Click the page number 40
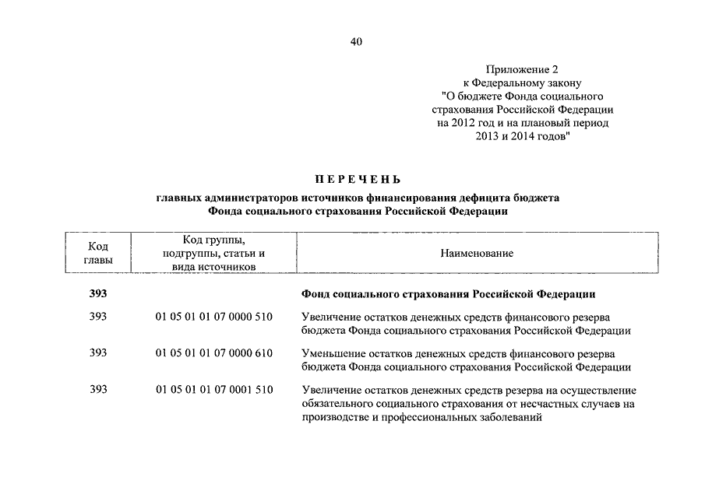click(x=356, y=41)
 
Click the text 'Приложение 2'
click(x=517, y=69)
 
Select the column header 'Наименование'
click(x=476, y=254)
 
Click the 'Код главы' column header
click(x=98, y=252)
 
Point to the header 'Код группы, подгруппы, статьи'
click(x=213, y=247)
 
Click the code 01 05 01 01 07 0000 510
click(x=213, y=317)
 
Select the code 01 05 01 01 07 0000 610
click(x=213, y=353)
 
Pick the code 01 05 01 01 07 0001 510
click(x=213, y=390)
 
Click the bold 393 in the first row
click(x=98, y=294)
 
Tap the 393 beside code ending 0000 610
click(x=98, y=353)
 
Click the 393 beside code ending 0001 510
click(x=98, y=390)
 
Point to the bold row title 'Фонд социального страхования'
click(x=447, y=295)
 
